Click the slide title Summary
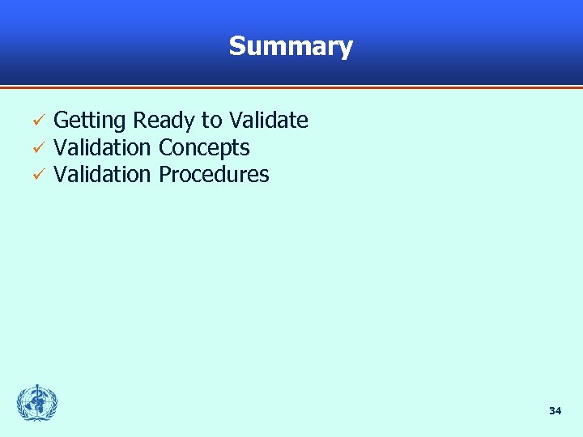coord(291,46)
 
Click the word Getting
coord(89,121)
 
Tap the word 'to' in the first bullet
coord(211,121)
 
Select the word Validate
coord(268,121)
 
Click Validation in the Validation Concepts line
coord(102,148)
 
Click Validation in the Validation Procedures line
coord(102,175)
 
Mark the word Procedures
coord(214,175)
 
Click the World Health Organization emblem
coord(37,403)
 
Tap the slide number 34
coord(555,411)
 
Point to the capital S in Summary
coord(236,46)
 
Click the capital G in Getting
coord(61,121)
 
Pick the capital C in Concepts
coord(165,148)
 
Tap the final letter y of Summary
coord(346,49)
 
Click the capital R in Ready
coord(139,121)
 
